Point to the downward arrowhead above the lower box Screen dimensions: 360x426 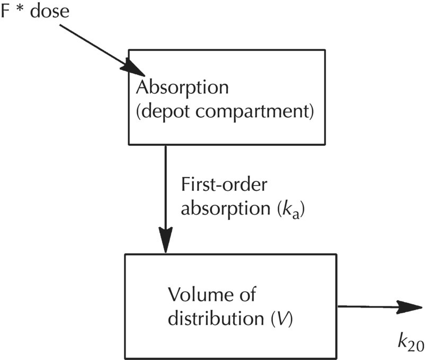click(x=166, y=241)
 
